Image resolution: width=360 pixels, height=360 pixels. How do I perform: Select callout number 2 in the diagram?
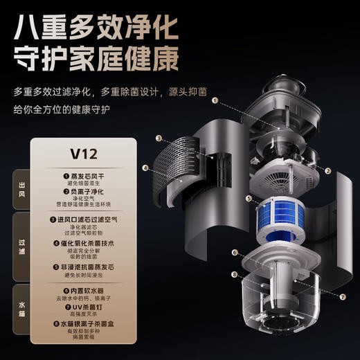coord(328,170)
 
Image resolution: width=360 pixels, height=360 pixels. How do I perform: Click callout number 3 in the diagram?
coord(159,138)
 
